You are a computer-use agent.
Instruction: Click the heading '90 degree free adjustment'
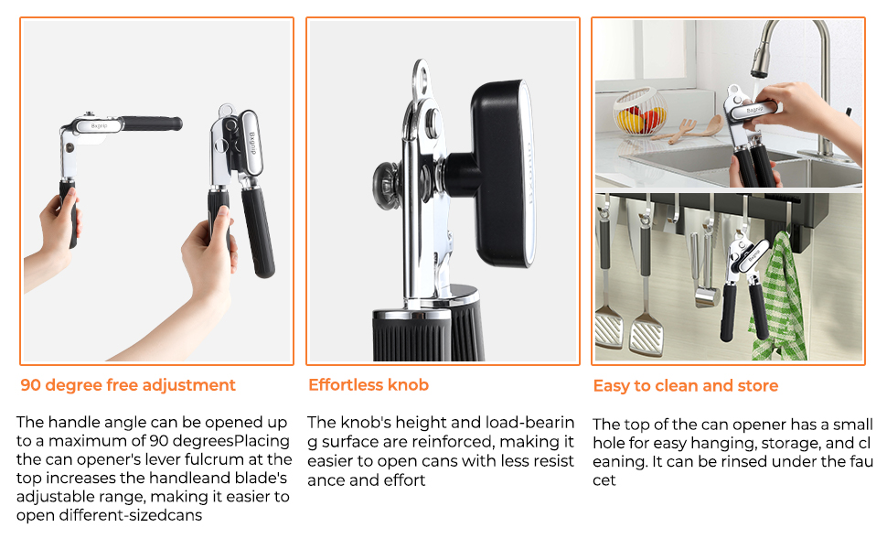point(128,385)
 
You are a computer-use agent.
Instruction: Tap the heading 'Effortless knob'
point(368,385)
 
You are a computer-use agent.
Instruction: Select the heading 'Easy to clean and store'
point(685,386)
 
